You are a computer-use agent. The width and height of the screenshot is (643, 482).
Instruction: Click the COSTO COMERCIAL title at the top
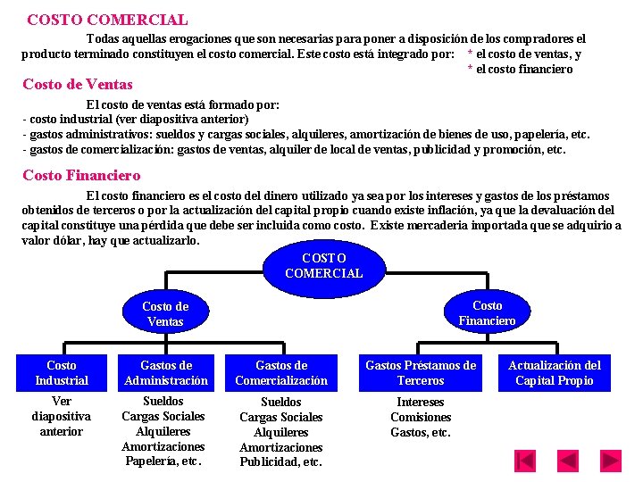(x=107, y=19)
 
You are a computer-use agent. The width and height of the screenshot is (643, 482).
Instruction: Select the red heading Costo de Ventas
(x=77, y=85)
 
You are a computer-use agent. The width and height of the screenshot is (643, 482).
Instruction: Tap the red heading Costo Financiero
(x=81, y=175)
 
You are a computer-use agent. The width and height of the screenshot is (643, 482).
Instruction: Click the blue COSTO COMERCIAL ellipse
(x=323, y=266)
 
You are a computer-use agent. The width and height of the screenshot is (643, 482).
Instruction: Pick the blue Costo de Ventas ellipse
(x=165, y=313)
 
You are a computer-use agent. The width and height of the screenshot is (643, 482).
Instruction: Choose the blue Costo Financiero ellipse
(x=487, y=312)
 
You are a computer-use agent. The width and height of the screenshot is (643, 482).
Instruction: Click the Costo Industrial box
(x=62, y=373)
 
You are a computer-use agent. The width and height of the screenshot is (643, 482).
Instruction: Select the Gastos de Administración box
(x=166, y=373)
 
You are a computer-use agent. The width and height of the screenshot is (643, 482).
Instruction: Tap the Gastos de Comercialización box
(x=281, y=373)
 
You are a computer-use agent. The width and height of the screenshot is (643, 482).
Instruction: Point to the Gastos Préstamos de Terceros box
(x=421, y=373)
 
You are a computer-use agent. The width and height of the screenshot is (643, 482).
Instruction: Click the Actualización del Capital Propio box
(x=555, y=373)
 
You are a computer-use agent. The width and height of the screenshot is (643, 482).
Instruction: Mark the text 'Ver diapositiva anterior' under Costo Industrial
(x=62, y=416)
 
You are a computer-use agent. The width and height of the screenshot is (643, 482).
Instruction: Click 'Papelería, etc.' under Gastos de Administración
(x=163, y=461)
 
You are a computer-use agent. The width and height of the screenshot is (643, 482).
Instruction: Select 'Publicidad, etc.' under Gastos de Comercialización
(x=281, y=462)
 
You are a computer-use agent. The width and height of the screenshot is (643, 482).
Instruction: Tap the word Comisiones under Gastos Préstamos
(x=421, y=417)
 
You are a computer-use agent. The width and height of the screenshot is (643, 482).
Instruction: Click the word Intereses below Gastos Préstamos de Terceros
(x=421, y=402)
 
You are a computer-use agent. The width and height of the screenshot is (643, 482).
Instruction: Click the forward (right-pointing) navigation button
(x=612, y=461)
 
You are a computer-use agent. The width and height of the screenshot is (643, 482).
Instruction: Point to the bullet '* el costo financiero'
(x=521, y=69)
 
